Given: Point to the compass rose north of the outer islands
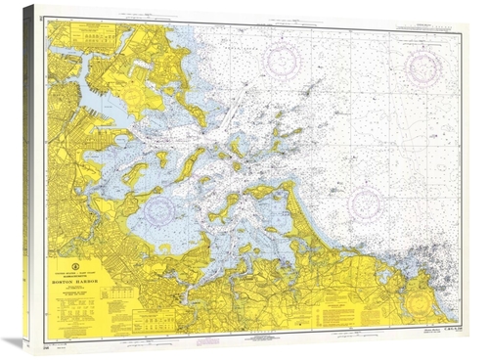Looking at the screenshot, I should click(x=285, y=56).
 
